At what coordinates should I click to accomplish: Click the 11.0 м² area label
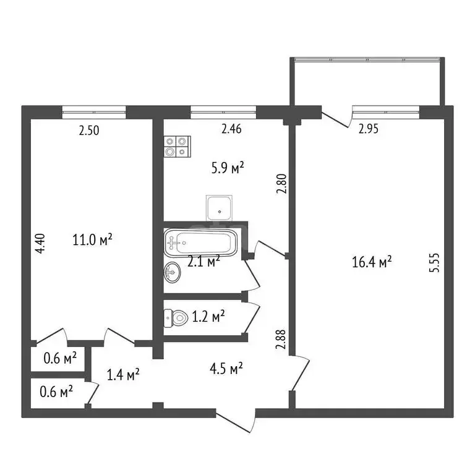pyautogui.click(x=92, y=239)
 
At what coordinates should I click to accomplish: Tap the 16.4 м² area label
pyautogui.click(x=373, y=263)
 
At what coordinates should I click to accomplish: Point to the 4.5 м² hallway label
pyautogui.click(x=227, y=369)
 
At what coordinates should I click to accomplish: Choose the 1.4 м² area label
pyautogui.click(x=122, y=374)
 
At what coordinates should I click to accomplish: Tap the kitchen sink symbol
pyautogui.click(x=220, y=208)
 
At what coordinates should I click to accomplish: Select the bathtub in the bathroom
pyautogui.click(x=200, y=242)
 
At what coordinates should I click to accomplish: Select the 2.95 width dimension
pyautogui.click(x=369, y=129)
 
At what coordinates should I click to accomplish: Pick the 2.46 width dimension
pyautogui.click(x=231, y=129)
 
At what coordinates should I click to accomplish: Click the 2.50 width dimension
pyautogui.click(x=89, y=130)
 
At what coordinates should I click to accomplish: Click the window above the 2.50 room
pyautogui.click(x=94, y=112)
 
